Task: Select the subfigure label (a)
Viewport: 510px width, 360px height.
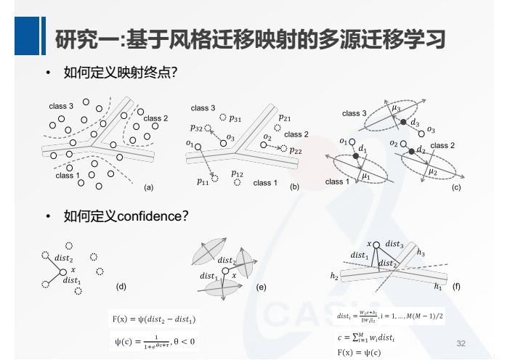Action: click(x=149, y=187)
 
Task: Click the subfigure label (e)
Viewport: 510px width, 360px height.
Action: click(x=262, y=288)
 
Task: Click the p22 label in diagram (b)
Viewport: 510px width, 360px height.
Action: click(x=296, y=151)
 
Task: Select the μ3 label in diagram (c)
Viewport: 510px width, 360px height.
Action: click(x=396, y=108)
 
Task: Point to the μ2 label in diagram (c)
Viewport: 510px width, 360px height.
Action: click(x=432, y=171)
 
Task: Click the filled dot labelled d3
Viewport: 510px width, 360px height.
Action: click(x=403, y=122)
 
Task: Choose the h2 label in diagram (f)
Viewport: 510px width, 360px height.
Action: click(x=334, y=276)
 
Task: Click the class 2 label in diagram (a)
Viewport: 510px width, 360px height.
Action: click(x=155, y=118)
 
